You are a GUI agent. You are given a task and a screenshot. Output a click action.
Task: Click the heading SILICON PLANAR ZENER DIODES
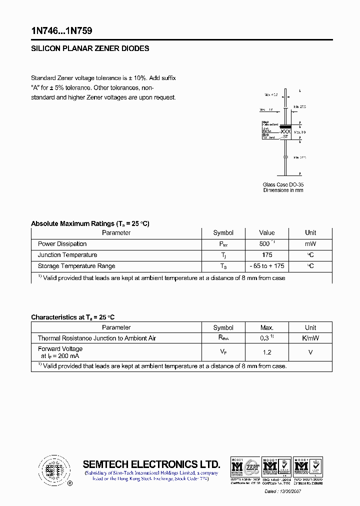tap(90, 49)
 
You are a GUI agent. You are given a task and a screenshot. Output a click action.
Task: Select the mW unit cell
tap(310, 244)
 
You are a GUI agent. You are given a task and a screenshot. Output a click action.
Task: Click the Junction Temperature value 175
tap(266, 255)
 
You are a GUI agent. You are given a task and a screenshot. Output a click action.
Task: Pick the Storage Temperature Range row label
tap(76, 266)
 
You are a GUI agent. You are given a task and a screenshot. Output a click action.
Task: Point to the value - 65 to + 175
tap(266, 266)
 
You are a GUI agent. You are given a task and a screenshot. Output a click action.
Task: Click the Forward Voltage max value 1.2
tap(266, 352)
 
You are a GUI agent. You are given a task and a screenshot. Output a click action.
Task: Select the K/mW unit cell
tap(310, 338)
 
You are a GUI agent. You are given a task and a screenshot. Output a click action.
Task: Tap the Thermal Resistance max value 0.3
tap(265, 338)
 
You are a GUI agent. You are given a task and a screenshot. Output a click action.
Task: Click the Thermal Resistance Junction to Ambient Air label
tap(97, 338)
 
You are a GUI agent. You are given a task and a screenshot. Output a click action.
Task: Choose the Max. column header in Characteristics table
tap(266, 327)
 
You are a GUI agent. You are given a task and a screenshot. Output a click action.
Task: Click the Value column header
tap(266, 232)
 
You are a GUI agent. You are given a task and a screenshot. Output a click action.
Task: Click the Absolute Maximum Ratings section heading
tap(90, 223)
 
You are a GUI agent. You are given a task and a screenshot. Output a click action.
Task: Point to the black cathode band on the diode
tap(285, 125)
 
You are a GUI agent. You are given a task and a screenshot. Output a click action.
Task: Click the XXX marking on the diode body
tap(285, 131)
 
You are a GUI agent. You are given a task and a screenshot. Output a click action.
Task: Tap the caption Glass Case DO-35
tap(283, 184)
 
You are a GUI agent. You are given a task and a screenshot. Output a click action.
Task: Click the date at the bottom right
tap(282, 491)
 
